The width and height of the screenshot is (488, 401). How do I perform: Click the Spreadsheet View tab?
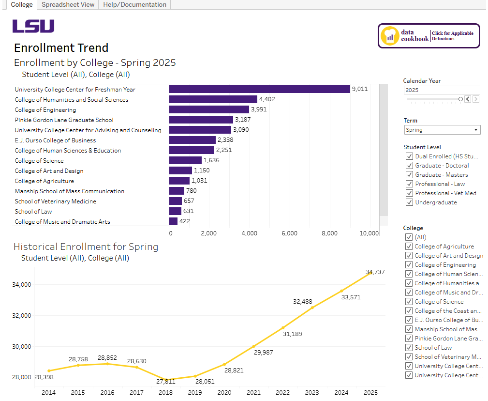pos(67,5)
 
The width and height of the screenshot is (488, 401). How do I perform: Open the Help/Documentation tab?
pos(134,5)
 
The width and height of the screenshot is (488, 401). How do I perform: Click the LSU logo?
pos(33,26)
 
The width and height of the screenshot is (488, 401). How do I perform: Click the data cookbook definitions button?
pos(429,36)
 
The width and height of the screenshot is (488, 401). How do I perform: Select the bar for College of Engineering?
pos(209,109)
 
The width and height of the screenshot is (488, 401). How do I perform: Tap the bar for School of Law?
pos(175,211)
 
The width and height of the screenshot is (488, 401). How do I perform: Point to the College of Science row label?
pos(39,161)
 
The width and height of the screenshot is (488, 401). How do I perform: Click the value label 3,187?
pos(243,120)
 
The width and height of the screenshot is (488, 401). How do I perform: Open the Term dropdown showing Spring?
pos(442,130)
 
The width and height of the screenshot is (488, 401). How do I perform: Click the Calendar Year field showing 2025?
pos(441,90)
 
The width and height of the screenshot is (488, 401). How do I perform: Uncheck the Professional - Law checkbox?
pos(409,184)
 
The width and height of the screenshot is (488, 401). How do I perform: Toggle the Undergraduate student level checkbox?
pos(409,202)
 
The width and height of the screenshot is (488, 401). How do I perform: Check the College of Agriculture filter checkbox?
pos(409,247)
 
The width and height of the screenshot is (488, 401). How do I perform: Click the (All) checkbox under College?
pos(409,237)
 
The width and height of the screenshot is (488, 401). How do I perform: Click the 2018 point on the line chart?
pos(165,379)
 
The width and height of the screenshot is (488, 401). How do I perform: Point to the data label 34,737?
pos(375,272)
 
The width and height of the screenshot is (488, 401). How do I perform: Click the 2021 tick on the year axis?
pos(253,392)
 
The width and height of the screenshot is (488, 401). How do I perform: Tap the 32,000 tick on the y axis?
pos(21,316)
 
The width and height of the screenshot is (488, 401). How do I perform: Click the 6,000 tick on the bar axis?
pos(289,233)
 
